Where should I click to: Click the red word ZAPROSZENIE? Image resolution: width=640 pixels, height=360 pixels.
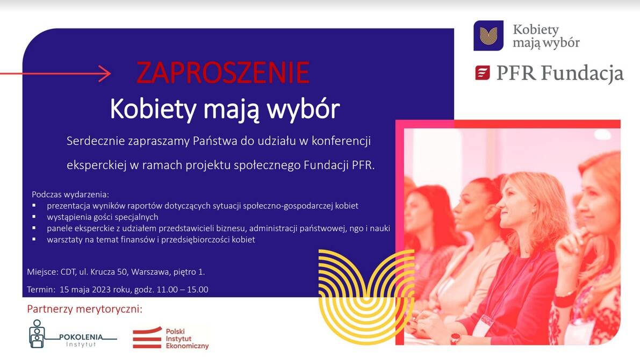click(x=223, y=73)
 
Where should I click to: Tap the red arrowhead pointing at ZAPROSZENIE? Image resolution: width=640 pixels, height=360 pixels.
click(x=105, y=74)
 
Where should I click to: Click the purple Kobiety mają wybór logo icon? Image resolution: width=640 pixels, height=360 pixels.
click(x=488, y=35)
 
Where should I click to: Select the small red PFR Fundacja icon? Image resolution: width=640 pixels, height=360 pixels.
click(x=483, y=73)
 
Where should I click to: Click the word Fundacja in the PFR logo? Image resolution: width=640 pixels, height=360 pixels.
click(x=583, y=74)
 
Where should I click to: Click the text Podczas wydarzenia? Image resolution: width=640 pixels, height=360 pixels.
click(x=70, y=195)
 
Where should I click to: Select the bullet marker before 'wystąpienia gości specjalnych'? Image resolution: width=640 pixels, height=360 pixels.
click(x=34, y=217)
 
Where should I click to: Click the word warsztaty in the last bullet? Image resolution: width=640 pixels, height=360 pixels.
click(x=64, y=240)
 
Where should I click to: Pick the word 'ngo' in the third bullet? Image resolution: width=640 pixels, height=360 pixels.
click(x=356, y=229)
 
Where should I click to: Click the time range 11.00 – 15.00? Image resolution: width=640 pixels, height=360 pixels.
click(x=183, y=290)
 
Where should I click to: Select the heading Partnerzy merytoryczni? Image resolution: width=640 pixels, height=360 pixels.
click(x=85, y=309)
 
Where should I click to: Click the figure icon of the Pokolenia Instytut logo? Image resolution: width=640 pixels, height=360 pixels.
click(x=37, y=334)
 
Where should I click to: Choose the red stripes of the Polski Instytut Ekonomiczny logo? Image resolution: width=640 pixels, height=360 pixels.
click(x=147, y=338)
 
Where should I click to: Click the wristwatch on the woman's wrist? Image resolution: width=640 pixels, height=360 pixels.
click(x=455, y=338)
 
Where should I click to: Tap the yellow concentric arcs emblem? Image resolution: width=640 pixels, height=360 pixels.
click(x=366, y=296)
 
